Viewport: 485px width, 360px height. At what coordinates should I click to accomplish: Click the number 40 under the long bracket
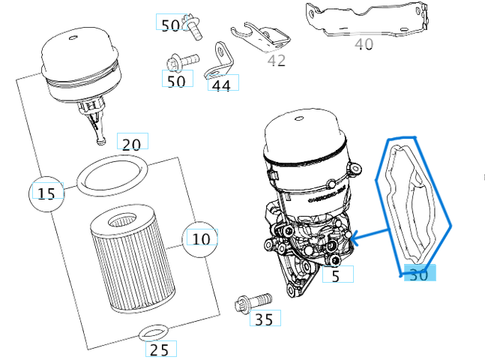pyautogui.click(x=364, y=45)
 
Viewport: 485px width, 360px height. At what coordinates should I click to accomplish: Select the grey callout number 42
pyautogui.click(x=277, y=60)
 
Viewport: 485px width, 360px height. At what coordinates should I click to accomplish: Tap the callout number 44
pyautogui.click(x=222, y=85)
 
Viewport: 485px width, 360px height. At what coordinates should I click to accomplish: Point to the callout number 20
pyautogui.click(x=131, y=144)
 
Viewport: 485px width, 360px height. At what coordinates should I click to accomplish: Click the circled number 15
pyautogui.click(x=46, y=193)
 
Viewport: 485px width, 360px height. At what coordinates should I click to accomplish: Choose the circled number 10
pyautogui.click(x=201, y=238)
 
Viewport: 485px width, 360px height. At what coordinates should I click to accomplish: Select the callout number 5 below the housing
pyautogui.click(x=336, y=276)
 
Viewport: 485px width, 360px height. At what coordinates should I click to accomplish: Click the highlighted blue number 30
pyautogui.click(x=418, y=275)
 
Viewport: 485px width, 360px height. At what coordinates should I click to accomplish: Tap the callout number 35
pyautogui.click(x=264, y=320)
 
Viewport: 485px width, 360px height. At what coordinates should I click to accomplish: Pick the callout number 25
pyautogui.click(x=160, y=349)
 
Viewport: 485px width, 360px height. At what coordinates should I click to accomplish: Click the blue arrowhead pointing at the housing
pyautogui.click(x=355, y=239)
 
